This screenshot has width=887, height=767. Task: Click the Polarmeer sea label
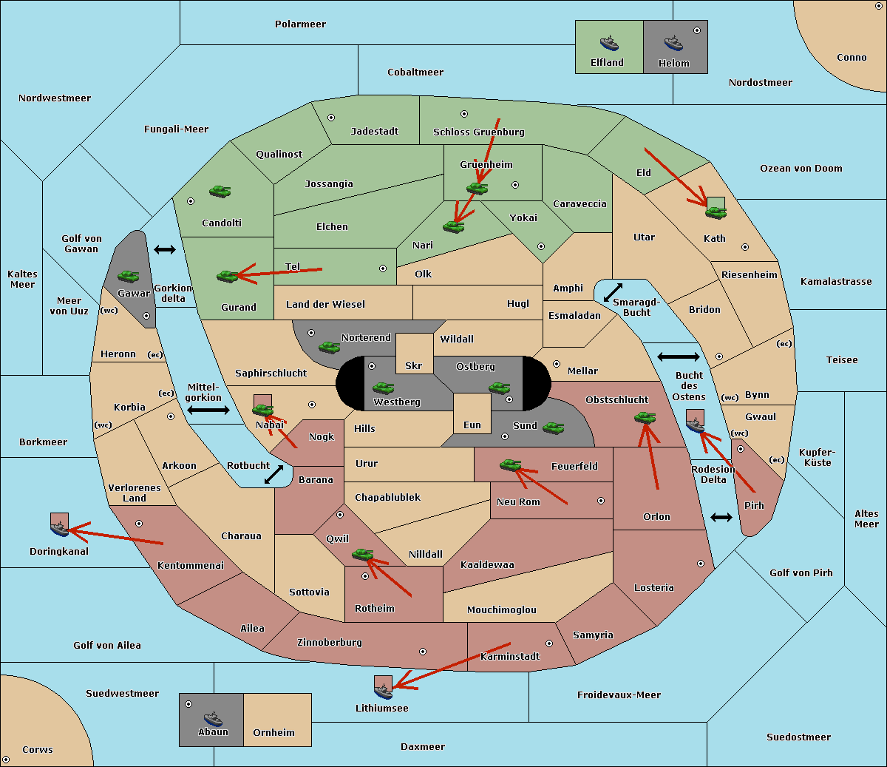(300, 24)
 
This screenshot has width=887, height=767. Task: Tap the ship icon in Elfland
(609, 43)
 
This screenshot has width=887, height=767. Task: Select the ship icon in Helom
(673, 43)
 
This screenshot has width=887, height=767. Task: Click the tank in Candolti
(220, 191)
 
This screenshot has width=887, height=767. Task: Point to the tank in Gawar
(129, 276)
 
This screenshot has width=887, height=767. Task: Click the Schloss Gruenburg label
(479, 132)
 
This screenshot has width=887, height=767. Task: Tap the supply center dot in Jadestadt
(331, 118)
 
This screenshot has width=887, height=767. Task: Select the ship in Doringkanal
(59, 529)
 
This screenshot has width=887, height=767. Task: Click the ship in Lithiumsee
(383, 691)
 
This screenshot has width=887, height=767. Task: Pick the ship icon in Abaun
(213, 717)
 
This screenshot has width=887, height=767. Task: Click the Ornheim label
(273, 731)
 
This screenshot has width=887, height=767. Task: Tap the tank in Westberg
(383, 388)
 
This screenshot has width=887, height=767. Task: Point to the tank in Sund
(553, 428)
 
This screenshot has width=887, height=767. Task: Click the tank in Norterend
(329, 347)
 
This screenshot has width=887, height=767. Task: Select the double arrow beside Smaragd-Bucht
(613, 292)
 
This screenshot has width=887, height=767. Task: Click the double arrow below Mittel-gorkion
(208, 410)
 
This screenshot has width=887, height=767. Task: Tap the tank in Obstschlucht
(645, 417)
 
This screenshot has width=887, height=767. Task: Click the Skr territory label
(414, 365)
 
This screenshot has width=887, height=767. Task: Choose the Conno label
(852, 57)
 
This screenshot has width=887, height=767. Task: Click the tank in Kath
(716, 212)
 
